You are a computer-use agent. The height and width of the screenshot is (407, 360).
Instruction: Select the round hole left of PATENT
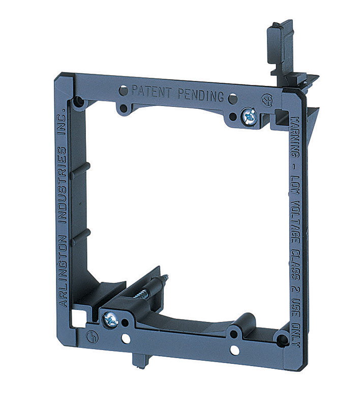point(123,91)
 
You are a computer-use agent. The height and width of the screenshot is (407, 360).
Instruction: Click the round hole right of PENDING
point(218,98)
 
